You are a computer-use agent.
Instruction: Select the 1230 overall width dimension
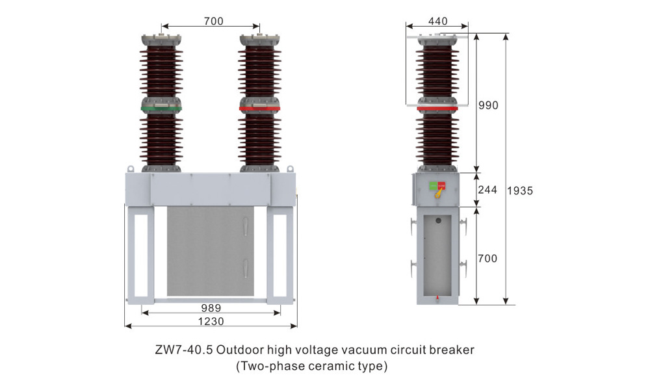(x=211, y=322)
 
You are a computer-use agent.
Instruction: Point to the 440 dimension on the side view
(x=437, y=21)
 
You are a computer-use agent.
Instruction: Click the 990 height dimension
(x=487, y=105)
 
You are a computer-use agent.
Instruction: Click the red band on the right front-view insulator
(x=259, y=109)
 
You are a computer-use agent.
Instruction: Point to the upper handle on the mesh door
(x=246, y=226)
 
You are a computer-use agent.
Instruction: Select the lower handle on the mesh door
(x=246, y=266)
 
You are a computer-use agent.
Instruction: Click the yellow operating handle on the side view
(x=439, y=192)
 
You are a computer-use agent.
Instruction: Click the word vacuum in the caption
(x=363, y=350)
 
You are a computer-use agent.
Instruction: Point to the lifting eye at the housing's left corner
(x=130, y=168)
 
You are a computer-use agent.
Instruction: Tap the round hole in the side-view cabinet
(x=437, y=221)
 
